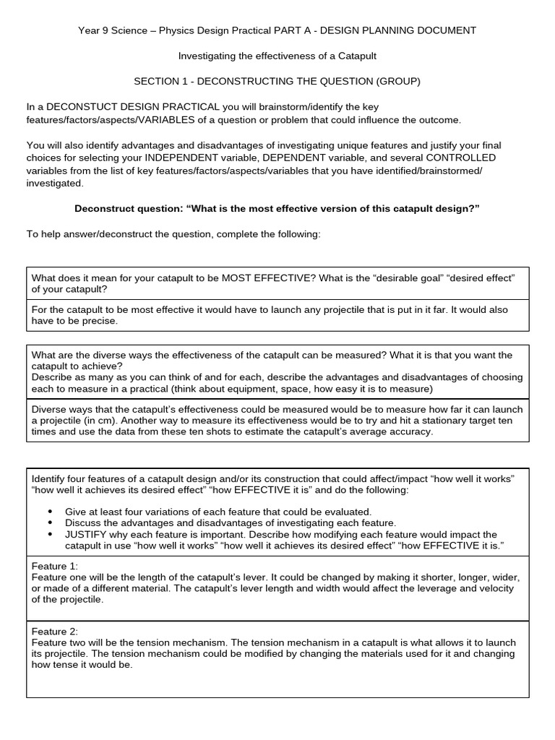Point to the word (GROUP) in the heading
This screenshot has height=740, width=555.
click(x=394, y=81)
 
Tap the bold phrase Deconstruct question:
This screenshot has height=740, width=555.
click(x=129, y=209)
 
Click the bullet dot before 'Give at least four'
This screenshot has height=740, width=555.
click(x=50, y=512)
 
